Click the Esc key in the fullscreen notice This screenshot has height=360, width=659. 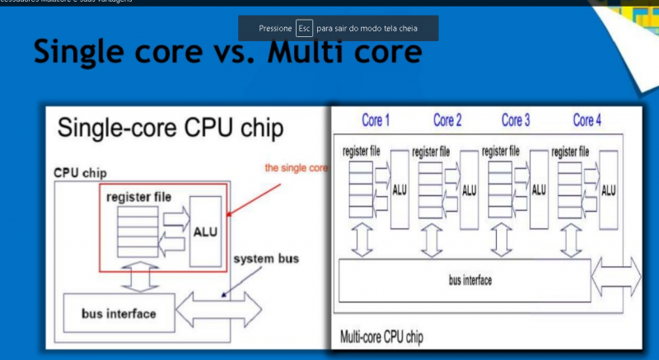tap(305, 28)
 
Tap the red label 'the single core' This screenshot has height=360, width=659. tap(296, 167)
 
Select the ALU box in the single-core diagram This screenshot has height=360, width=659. tap(205, 231)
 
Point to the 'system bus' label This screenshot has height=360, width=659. tap(266, 259)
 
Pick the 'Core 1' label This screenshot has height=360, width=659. tap(376, 121)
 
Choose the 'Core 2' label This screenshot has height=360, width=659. tap(447, 121)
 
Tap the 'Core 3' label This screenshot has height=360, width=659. tap(516, 121)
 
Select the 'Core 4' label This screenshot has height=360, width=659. tap(587, 121)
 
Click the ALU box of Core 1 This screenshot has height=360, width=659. tap(400, 189)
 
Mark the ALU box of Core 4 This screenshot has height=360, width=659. tap(609, 189)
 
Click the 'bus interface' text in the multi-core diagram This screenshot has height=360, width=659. tap(470, 281)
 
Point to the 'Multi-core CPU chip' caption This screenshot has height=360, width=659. tap(384, 337)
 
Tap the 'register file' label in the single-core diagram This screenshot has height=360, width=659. tap(139, 198)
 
